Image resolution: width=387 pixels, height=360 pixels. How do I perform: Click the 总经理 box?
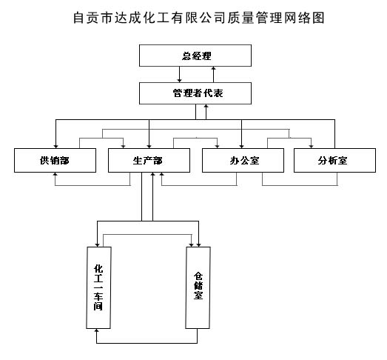[195, 56]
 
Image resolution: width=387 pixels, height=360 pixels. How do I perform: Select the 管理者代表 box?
[195, 93]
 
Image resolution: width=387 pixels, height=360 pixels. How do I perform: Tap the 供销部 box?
[55, 160]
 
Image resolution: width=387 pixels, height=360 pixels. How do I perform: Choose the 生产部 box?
[149, 160]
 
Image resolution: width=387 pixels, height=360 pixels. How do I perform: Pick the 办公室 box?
[243, 160]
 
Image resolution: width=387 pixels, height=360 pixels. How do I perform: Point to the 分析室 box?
[335, 160]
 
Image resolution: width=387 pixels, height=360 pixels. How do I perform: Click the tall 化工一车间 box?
[98, 288]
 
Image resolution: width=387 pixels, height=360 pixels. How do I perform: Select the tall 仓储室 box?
[198, 288]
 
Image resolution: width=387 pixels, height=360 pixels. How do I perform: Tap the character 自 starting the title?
[79, 18]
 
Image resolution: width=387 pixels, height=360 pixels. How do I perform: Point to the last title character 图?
[318, 18]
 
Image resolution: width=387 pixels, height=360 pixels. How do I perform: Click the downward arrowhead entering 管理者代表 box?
[179, 81]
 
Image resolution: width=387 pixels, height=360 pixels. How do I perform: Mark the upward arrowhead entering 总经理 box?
[214, 68]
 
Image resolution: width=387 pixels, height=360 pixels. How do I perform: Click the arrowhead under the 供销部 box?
[55, 174]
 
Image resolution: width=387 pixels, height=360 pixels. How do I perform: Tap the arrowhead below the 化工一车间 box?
[96, 330]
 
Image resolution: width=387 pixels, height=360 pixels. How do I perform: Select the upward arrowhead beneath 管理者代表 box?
[206, 106]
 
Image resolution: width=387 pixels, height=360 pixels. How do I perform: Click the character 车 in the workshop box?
[98, 297]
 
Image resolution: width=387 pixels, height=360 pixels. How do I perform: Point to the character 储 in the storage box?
[198, 285]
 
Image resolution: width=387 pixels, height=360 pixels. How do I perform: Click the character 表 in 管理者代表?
[218, 93]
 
